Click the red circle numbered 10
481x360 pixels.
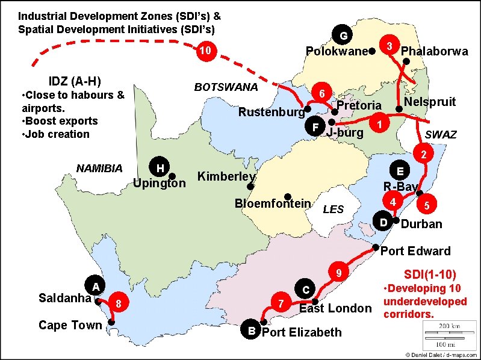tap(205, 51)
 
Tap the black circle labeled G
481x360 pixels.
tap(343, 36)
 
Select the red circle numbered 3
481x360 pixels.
tap(389, 46)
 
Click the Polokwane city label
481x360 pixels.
tap(337, 52)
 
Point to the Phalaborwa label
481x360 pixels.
tap(434, 52)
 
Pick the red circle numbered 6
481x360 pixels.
tap(322, 94)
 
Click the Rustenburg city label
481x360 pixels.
tap(271, 113)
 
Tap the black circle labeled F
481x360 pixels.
tap(314, 127)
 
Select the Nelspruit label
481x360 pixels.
tap(430, 102)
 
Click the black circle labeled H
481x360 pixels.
tap(160, 167)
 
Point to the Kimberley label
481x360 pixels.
tap(227, 177)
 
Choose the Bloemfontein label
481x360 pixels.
tap(272, 203)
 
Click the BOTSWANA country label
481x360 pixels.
tap(226, 87)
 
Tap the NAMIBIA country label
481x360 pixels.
tap(99, 169)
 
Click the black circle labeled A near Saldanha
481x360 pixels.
tap(95, 285)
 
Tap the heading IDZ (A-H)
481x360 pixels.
tap(74, 81)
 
